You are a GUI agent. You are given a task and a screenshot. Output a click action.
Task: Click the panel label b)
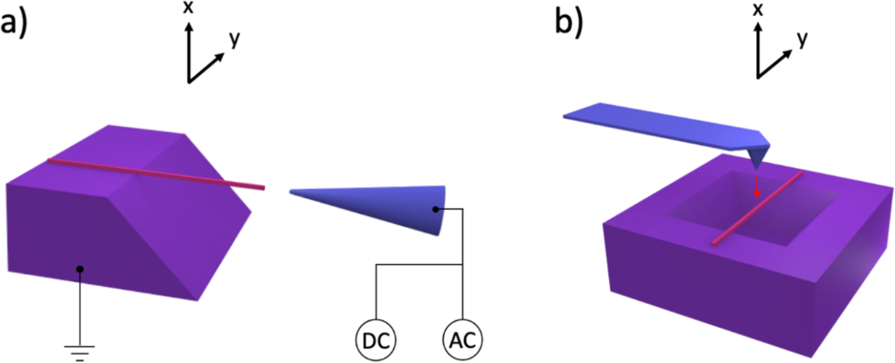[571, 24]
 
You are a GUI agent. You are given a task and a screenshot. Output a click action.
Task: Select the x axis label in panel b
[758, 10]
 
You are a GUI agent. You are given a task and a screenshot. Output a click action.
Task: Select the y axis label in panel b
[802, 38]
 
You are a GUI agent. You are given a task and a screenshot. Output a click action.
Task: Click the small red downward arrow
[757, 186]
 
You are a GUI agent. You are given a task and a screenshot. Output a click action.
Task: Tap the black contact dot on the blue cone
[435, 210]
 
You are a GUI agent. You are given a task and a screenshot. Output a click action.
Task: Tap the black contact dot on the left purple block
[80, 269]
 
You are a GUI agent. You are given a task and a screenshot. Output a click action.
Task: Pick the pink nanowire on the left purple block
[156, 174]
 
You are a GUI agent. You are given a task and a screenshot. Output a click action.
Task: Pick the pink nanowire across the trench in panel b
[757, 208]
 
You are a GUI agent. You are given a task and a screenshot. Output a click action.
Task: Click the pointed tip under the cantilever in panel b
[757, 158]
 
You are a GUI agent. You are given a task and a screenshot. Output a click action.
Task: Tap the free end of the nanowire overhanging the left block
[264, 187]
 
